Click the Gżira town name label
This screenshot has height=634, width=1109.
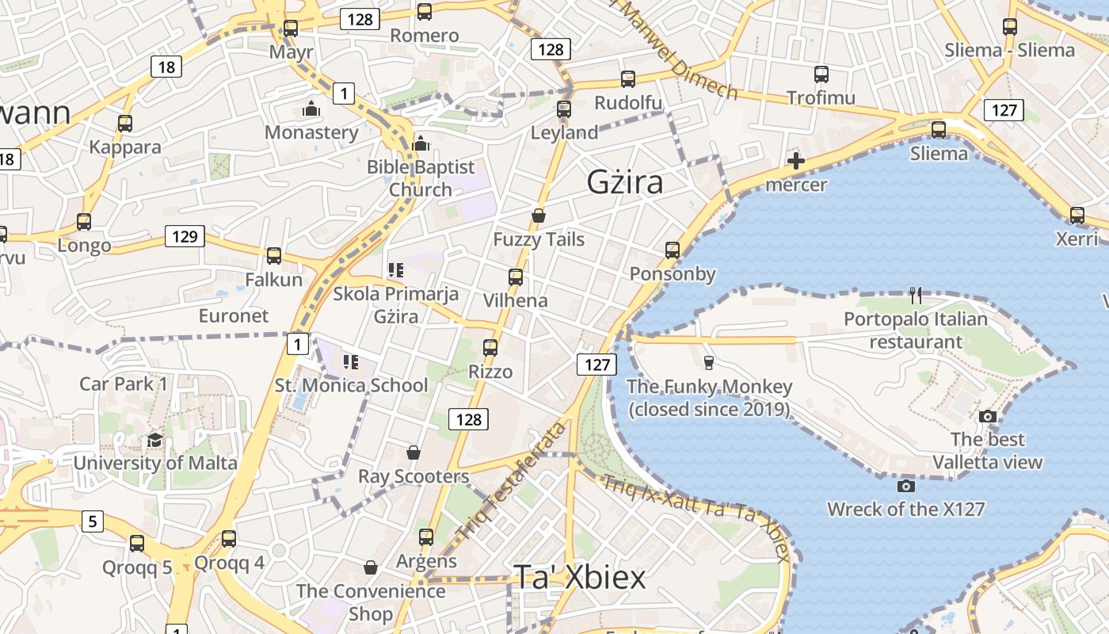tap(625, 182)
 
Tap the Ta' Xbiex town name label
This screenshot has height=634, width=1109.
tap(580, 578)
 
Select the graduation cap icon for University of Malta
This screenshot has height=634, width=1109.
tap(154, 440)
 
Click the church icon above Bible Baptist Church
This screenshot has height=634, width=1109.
tap(421, 143)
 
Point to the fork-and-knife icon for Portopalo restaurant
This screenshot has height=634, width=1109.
tap(916, 296)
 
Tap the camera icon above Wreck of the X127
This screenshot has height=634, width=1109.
tap(906, 485)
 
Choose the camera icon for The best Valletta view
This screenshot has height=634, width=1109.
tap(987, 416)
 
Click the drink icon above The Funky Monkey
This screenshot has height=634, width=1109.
tap(709, 363)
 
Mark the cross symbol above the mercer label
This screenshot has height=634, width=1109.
tap(795, 162)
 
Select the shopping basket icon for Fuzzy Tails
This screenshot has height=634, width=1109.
tap(539, 216)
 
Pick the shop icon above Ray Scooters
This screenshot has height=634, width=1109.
tap(413, 453)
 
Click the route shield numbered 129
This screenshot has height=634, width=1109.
tap(185, 236)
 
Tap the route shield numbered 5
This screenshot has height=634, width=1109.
tap(93, 521)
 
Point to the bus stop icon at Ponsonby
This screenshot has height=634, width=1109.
tap(673, 250)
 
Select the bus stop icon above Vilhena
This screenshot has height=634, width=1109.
tap(516, 277)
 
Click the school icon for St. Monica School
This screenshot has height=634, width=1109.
tap(351, 362)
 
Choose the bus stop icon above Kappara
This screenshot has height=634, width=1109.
tap(124, 124)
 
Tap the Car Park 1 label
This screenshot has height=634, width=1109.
tap(124, 384)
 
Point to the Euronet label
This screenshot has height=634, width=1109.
tap(234, 315)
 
